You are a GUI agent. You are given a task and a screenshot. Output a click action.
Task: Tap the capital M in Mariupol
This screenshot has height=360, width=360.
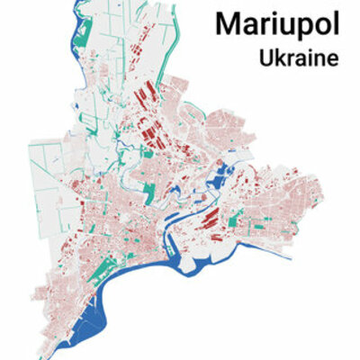(229, 24)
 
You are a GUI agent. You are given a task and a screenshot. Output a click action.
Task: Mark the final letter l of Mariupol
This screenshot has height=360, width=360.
(336, 24)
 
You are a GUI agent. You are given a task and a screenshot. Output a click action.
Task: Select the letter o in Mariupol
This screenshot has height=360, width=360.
(320, 26)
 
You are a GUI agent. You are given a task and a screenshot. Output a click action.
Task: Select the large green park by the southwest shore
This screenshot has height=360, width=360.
(104, 270)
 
